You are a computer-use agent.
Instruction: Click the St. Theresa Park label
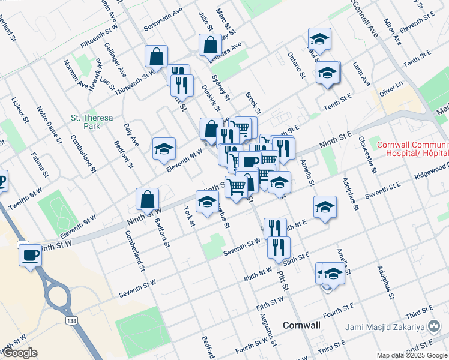[91, 122]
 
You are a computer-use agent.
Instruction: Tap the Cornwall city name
[301, 325]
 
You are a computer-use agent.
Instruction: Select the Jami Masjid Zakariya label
[393, 326]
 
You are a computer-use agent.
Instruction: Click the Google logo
[19, 353]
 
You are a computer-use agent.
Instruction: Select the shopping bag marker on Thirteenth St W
[156, 56]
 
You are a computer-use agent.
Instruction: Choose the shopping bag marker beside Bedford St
[148, 199]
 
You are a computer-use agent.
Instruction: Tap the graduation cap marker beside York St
[207, 201]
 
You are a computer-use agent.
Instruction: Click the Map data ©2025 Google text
[412, 355]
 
